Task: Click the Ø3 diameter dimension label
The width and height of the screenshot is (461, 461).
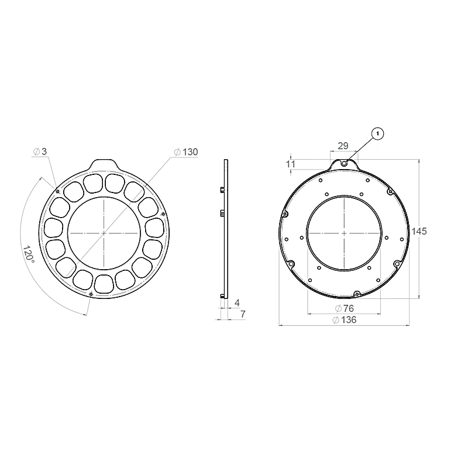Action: click(40, 152)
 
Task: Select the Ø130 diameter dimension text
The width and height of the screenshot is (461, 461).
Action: click(186, 152)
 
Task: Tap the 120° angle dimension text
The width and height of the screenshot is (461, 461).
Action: click(29, 254)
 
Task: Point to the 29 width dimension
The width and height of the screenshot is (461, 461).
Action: click(343, 146)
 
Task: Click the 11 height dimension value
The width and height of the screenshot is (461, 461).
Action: click(291, 164)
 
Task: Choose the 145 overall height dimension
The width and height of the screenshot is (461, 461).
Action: click(419, 232)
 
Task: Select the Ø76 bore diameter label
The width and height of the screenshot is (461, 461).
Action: click(344, 308)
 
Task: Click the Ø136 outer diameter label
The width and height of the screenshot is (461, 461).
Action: click(344, 320)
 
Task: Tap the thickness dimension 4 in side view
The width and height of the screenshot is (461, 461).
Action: click(238, 302)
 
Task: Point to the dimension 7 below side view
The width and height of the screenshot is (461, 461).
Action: click(243, 314)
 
